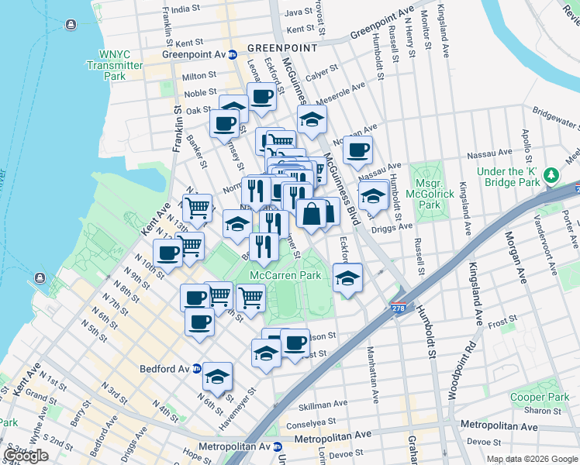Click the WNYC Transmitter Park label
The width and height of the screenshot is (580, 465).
coord(122,65)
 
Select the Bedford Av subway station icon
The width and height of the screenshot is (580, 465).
coord(198,369)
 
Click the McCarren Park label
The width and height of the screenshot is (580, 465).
coord(285,275)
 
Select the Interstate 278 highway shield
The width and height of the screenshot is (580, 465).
coord(399,308)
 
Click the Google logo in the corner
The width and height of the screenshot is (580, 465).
coord(26,455)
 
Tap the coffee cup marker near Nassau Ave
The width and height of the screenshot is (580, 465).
coord(357,150)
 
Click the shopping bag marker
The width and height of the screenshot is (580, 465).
coord(311,214)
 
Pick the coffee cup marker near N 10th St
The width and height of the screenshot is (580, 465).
coord(168,252)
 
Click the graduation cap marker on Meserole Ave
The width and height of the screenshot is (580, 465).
coord(312,120)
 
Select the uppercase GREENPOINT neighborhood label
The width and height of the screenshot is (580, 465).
coord(282,48)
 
